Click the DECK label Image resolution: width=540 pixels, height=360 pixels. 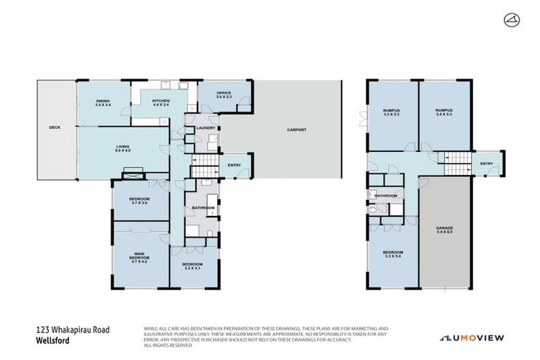pos(55,127)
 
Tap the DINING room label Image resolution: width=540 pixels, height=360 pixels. pos(103,103)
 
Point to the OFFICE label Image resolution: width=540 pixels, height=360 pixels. pos(224,96)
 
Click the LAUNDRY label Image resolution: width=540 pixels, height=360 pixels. pos(205,128)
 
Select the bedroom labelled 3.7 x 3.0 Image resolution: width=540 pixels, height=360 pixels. pos(139,200)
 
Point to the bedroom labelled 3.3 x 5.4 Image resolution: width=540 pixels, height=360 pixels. pos(392,254)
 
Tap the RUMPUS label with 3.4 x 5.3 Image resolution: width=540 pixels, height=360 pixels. pos(444,112)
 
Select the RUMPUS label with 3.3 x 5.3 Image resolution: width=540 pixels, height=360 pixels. pos(392,112)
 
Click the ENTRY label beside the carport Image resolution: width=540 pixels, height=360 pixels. pos(235,165)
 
